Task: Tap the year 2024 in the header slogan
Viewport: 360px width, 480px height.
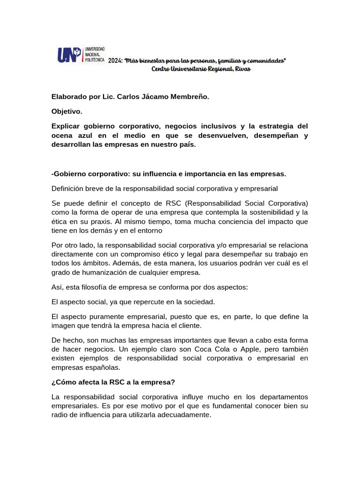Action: tap(115, 61)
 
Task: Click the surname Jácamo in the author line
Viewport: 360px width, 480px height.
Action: tap(157, 97)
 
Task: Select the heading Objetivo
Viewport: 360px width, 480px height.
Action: tap(67, 111)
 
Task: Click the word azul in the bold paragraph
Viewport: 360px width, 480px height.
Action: tap(90, 135)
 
